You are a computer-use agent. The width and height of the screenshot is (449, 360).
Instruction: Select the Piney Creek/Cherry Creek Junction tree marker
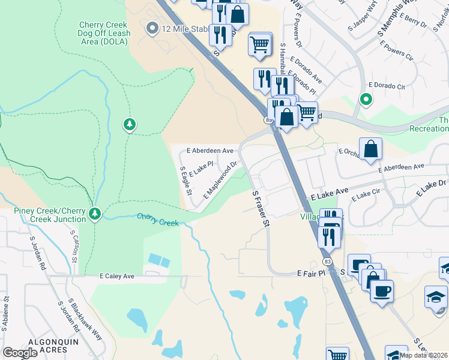coord(94,214)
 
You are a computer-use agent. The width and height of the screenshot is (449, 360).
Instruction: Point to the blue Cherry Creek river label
coord(158,220)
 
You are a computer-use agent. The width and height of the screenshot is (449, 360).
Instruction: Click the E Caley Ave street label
coord(117,276)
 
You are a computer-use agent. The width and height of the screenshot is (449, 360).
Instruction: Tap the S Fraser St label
coord(260,209)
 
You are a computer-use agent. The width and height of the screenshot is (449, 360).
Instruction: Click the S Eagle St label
coord(185,181)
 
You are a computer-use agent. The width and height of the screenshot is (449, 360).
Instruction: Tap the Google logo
coord(20,353)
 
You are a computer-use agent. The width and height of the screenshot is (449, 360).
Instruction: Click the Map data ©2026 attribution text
coord(423,355)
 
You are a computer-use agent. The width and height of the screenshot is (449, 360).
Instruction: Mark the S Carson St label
coord(74,249)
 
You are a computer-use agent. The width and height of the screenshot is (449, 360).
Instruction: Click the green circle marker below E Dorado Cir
coord(365,99)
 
